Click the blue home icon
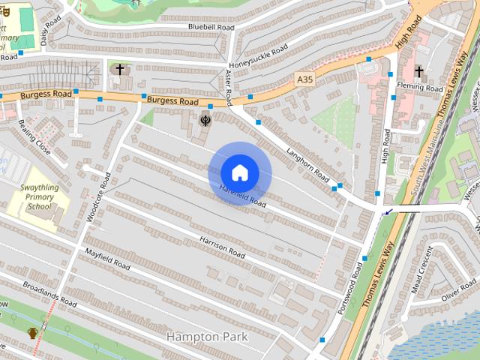(x=239, y=173)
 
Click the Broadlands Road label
(x=50, y=293)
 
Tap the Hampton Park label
(x=207, y=337)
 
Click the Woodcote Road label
(x=98, y=196)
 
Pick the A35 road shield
(x=304, y=79)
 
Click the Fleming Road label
(x=424, y=88)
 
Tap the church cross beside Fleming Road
(x=418, y=72)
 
